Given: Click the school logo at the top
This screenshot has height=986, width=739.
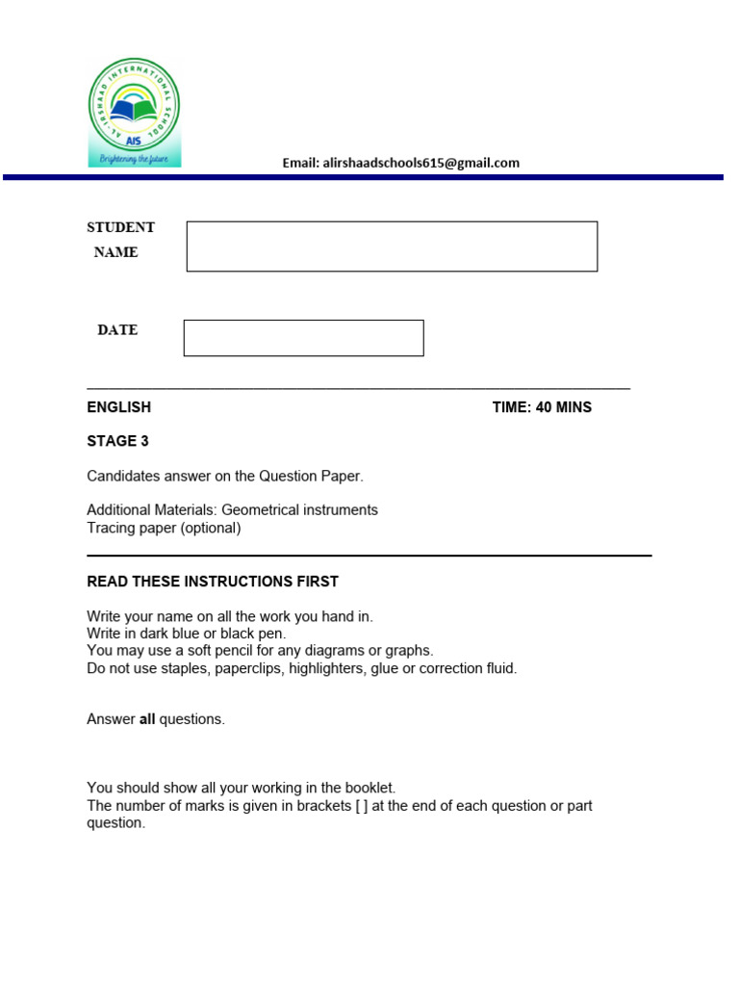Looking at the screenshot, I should (134, 112).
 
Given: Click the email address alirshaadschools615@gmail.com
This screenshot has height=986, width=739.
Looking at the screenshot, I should (400, 163).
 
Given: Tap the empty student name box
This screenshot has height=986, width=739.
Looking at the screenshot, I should (392, 246).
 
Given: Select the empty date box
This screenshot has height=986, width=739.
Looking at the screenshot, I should (303, 338).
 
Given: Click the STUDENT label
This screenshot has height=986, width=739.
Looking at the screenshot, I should (120, 227).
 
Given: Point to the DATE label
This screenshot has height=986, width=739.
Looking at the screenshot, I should (117, 330).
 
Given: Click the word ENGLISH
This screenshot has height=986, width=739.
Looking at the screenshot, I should (118, 407).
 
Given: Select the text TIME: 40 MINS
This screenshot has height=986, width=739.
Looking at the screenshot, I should (542, 407).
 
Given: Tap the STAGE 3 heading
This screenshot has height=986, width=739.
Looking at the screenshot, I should (117, 441).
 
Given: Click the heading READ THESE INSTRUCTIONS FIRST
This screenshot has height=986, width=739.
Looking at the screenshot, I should (213, 582).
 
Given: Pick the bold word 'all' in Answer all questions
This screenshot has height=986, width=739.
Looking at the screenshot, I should (147, 719).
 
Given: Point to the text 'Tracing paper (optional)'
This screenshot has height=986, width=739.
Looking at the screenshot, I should (164, 528).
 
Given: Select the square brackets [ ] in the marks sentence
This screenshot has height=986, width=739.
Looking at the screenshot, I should (360, 806).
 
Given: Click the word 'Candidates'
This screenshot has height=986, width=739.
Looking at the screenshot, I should (122, 476).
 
